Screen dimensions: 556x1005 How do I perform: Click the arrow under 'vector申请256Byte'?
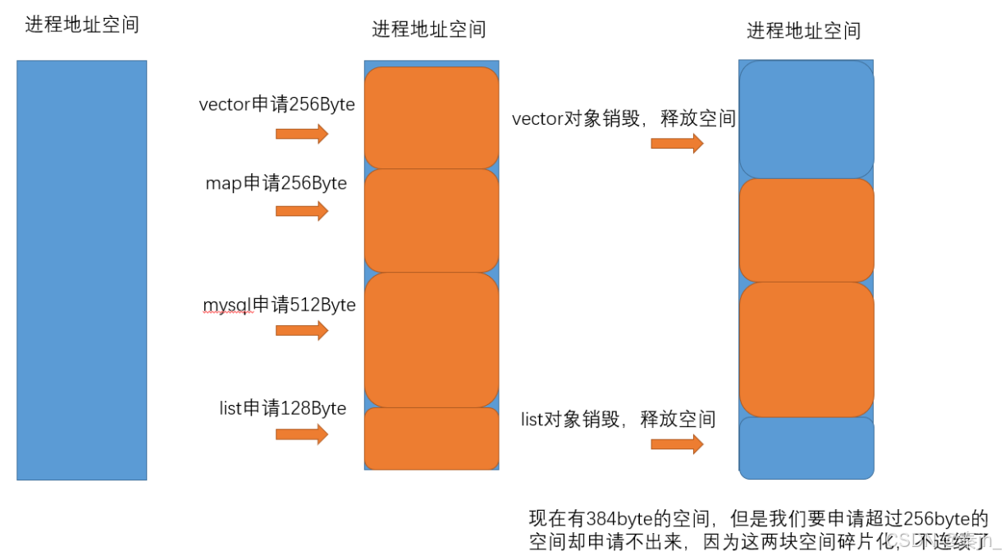click(x=301, y=134)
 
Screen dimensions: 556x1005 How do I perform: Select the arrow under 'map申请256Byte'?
click(x=301, y=211)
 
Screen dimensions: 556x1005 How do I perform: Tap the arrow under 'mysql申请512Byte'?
click(x=301, y=330)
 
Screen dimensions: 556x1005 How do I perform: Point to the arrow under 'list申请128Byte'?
click(x=301, y=434)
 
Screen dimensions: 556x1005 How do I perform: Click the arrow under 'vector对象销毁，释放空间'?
click(x=677, y=144)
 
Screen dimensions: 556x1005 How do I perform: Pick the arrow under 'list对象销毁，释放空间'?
click(x=677, y=444)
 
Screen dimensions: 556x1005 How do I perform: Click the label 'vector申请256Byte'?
click(x=276, y=105)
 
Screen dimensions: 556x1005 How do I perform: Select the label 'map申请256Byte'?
click(x=276, y=183)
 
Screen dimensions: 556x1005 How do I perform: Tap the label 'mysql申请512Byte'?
click(x=279, y=305)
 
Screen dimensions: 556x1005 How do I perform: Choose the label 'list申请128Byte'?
click(x=282, y=408)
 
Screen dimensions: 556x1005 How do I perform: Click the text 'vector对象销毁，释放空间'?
click(x=624, y=119)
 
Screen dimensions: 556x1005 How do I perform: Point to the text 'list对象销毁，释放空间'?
click(x=618, y=420)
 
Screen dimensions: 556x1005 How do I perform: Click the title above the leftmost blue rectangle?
click(x=82, y=25)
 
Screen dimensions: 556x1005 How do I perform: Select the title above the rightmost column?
click(x=803, y=31)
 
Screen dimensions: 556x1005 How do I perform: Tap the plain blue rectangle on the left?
click(x=82, y=269)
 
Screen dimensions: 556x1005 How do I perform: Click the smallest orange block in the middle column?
click(x=432, y=439)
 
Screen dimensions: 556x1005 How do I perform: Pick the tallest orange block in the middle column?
click(x=432, y=340)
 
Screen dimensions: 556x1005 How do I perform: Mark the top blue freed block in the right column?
click(x=806, y=120)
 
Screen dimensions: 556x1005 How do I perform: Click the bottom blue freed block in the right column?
click(x=806, y=448)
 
